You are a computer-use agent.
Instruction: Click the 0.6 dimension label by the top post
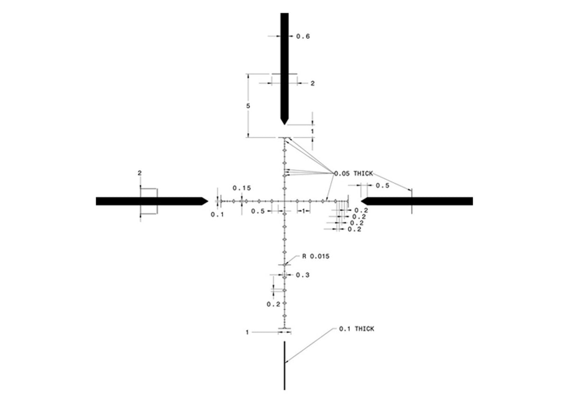303,36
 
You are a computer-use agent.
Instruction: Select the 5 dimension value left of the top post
248,106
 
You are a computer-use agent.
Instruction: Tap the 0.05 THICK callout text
354,173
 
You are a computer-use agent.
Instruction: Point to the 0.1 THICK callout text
356,329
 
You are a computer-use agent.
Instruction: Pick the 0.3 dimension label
302,275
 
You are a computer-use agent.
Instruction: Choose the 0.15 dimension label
241,188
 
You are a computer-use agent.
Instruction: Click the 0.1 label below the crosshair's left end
217,214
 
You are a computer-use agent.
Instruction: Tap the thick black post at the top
284,65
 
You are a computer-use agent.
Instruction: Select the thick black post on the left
149,201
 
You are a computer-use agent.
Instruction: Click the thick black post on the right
420,201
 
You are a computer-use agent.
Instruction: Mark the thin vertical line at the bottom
284,365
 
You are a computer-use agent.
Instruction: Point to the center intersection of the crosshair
284,201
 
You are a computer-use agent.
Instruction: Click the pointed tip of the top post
284,123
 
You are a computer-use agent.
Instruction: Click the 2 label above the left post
139,173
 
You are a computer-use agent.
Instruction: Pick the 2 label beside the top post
312,84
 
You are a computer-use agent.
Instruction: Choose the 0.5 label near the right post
383,185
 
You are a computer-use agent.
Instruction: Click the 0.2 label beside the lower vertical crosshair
273,304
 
